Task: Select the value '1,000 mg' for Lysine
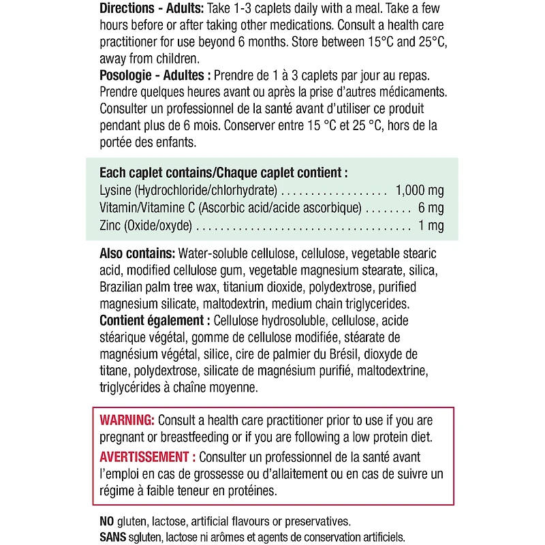pyautogui.click(x=419, y=191)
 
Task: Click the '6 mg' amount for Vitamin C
pyautogui.click(x=429, y=208)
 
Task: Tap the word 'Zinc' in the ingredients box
pyautogui.click(x=111, y=226)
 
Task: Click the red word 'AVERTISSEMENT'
pyautogui.click(x=144, y=457)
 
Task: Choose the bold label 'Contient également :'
pyautogui.click(x=155, y=320)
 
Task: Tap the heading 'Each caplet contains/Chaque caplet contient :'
pyautogui.click(x=223, y=173)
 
